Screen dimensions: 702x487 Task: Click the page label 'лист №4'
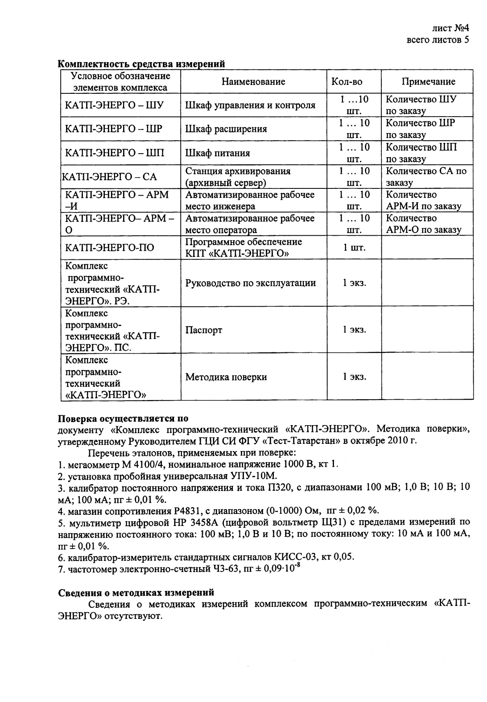point(450,29)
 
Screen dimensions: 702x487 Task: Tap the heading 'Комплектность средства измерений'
point(141,64)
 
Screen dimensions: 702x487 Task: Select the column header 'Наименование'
point(253,81)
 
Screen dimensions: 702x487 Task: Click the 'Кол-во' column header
point(347,81)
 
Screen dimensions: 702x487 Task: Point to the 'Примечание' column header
point(428,81)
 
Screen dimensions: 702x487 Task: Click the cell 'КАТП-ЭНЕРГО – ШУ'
point(115,105)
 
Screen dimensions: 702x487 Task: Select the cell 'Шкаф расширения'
point(226,129)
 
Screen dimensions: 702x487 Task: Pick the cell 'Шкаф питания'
point(218,153)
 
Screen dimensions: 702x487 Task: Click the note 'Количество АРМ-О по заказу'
point(423,224)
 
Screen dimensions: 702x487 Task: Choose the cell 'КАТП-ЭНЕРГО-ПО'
point(110,247)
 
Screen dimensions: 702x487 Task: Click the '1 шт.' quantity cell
point(354,247)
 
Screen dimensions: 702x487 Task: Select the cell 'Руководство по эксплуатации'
point(251,283)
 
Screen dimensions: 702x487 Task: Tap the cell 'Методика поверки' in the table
point(226,377)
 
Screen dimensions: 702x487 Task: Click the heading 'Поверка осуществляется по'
point(124,419)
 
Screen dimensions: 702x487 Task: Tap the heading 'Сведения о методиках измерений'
point(136,593)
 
